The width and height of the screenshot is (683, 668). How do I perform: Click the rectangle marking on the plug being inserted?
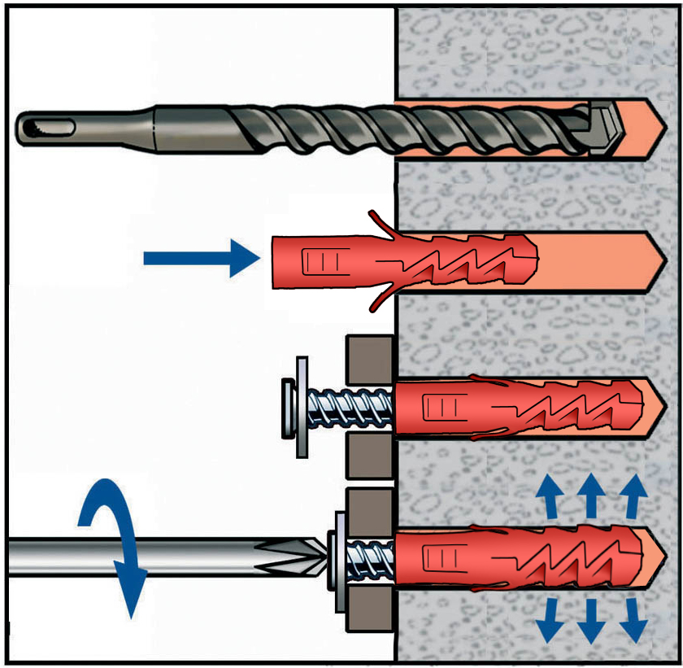click(x=319, y=261)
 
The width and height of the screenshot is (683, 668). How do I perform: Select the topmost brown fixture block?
click(x=369, y=359)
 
